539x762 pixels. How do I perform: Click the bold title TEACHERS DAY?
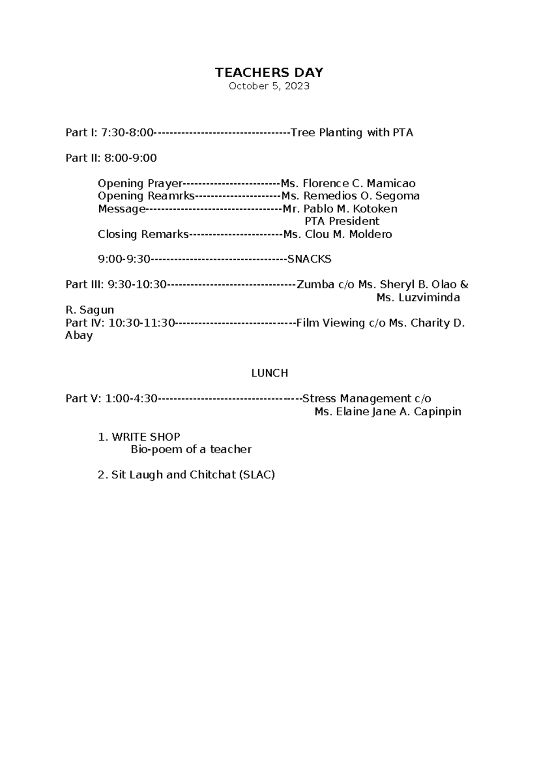pos(269,72)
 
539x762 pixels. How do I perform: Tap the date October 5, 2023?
pos(269,86)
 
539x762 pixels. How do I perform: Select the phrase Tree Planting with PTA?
pos(352,133)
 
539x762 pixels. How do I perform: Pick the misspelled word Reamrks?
pos(171,196)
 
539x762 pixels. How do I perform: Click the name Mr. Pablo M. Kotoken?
pos(340,209)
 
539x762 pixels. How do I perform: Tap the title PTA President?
pos(342,221)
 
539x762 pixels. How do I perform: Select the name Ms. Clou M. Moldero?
pos(337,234)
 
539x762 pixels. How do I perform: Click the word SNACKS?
pos(309,259)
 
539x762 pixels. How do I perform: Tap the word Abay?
pos(79,335)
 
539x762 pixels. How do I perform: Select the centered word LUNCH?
pos(269,373)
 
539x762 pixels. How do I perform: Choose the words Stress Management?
pos(356,399)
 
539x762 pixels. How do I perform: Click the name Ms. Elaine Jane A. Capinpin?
pos(388,412)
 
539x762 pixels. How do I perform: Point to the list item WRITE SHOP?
pos(146,437)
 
